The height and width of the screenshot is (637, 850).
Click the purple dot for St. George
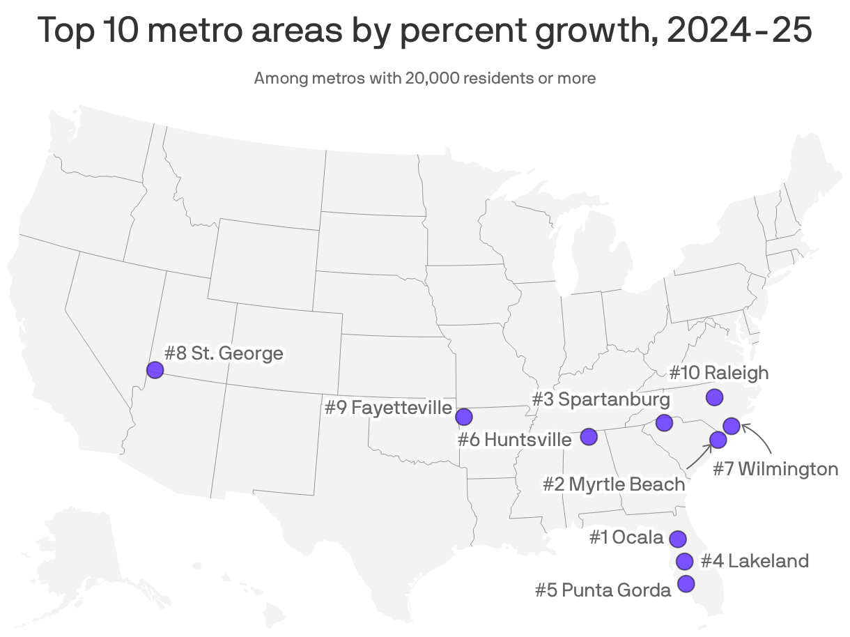(155, 370)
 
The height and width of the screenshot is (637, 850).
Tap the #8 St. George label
(224, 353)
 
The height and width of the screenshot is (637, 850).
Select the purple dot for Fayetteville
(464, 417)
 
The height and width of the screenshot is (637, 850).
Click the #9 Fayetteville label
(388, 407)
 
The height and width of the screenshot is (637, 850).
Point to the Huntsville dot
(589, 436)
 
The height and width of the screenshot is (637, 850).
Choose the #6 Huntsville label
(514, 440)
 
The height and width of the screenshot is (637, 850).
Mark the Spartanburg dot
(664, 422)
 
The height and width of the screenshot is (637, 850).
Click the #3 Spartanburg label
(601, 399)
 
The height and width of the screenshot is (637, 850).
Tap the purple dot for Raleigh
(714, 397)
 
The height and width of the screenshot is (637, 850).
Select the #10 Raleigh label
(718, 373)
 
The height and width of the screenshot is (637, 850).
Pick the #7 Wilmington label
(775, 469)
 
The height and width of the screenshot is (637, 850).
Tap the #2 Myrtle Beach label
(614, 484)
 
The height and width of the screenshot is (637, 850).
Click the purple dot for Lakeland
(685, 561)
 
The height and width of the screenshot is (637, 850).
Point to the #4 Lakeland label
(755, 560)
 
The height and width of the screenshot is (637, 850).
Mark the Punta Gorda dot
(686, 583)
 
